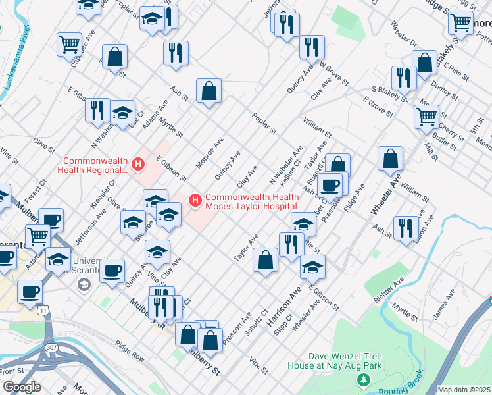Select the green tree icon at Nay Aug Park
[x=362, y=381]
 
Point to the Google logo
[x=21, y=387]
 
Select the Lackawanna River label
[x=16, y=66]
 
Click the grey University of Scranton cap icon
[x=84, y=284]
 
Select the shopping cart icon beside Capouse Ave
[x=68, y=45]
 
